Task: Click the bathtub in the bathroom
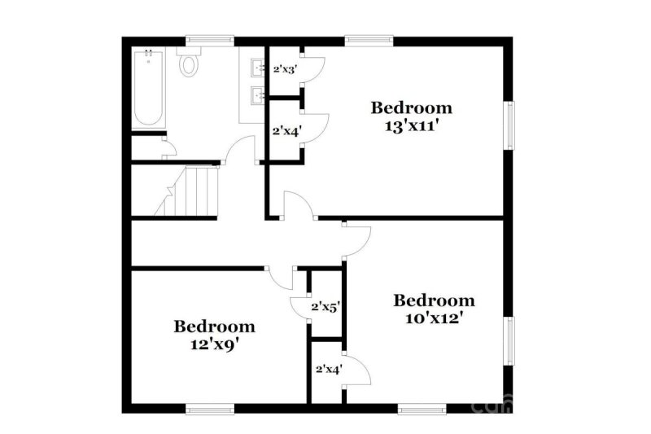pos(148,88)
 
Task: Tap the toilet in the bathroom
pos(189,62)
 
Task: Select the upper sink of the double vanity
pos(256,67)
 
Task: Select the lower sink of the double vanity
pos(256,97)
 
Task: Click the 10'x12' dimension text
pos(434,318)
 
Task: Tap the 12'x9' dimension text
pos(214,344)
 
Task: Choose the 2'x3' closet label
pos(284,69)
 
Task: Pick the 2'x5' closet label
pos(325,307)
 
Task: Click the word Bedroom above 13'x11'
pos(412,107)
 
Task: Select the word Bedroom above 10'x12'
pos(434,300)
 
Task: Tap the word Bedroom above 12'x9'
pos(214,327)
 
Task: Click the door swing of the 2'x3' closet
pos(315,66)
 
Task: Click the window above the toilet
pos(210,39)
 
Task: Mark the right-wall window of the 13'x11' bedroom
pos(510,125)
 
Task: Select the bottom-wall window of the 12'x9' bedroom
pos(210,409)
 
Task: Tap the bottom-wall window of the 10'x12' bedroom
pos(422,409)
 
